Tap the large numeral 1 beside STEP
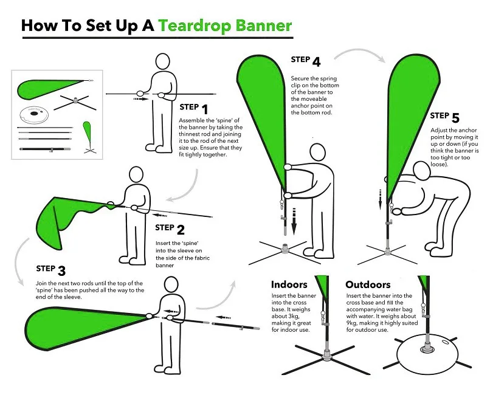205,109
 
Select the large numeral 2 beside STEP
181,230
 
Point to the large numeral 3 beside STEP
61,271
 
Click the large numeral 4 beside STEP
316,62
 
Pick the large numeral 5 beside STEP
455,118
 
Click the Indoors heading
289,284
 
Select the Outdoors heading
368,284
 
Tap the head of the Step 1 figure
163,61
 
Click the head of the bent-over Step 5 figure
421,171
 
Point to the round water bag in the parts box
34,114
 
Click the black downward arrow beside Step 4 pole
294,222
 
